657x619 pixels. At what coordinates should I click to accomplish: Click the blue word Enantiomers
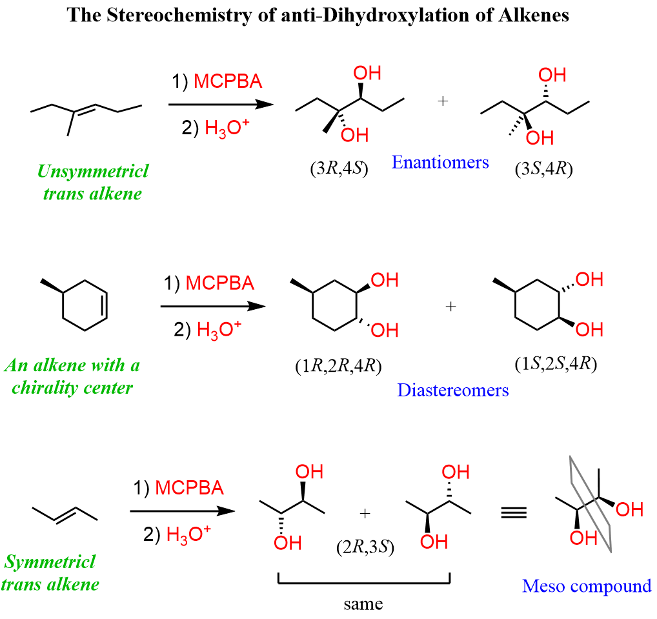click(x=440, y=161)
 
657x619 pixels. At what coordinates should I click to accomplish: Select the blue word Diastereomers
click(x=452, y=390)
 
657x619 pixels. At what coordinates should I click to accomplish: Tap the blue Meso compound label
click(x=587, y=586)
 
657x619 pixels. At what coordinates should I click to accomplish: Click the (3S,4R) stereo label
click(x=544, y=170)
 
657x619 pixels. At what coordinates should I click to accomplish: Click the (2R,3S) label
click(x=365, y=547)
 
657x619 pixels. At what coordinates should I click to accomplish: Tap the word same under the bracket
click(x=363, y=604)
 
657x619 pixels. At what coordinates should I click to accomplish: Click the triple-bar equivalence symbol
click(x=514, y=513)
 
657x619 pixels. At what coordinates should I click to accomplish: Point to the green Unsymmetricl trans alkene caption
click(x=92, y=182)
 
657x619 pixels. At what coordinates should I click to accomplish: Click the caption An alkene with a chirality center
click(x=72, y=376)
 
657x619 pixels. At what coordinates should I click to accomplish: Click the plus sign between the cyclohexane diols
click(x=451, y=307)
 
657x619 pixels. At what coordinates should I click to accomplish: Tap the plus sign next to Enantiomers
click(x=443, y=101)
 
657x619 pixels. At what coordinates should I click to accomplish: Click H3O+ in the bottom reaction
click(x=186, y=534)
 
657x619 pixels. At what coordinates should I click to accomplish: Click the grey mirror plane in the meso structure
click(x=588, y=503)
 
